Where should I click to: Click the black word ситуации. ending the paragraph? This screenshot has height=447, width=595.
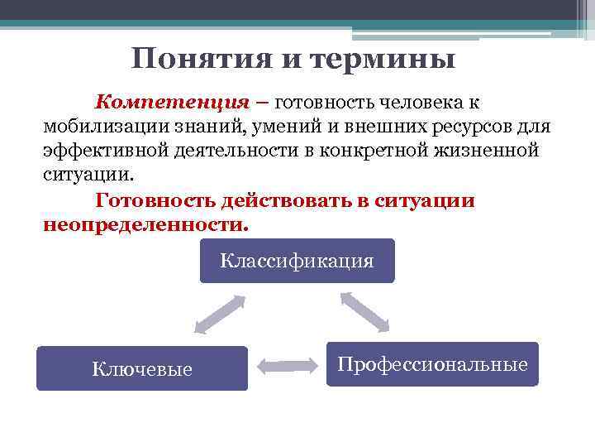86,176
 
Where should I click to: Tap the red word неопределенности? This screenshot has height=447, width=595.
144,224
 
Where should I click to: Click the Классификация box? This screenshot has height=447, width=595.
297,262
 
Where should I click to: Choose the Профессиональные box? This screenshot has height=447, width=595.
432,364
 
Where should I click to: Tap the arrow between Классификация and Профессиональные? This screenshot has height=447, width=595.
364,311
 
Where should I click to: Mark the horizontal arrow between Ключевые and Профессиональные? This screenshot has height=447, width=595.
288,365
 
